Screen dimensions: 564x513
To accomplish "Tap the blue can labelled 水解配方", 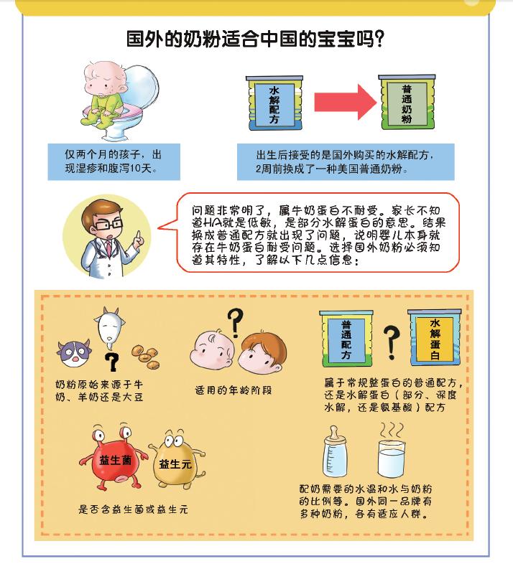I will (x=274, y=105).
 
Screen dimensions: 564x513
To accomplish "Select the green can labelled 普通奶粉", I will (x=407, y=105).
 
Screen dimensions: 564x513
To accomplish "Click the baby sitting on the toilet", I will (x=108, y=100).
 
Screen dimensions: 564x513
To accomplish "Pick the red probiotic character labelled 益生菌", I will (x=111, y=459).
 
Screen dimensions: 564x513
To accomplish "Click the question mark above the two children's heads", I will (x=234, y=319).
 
